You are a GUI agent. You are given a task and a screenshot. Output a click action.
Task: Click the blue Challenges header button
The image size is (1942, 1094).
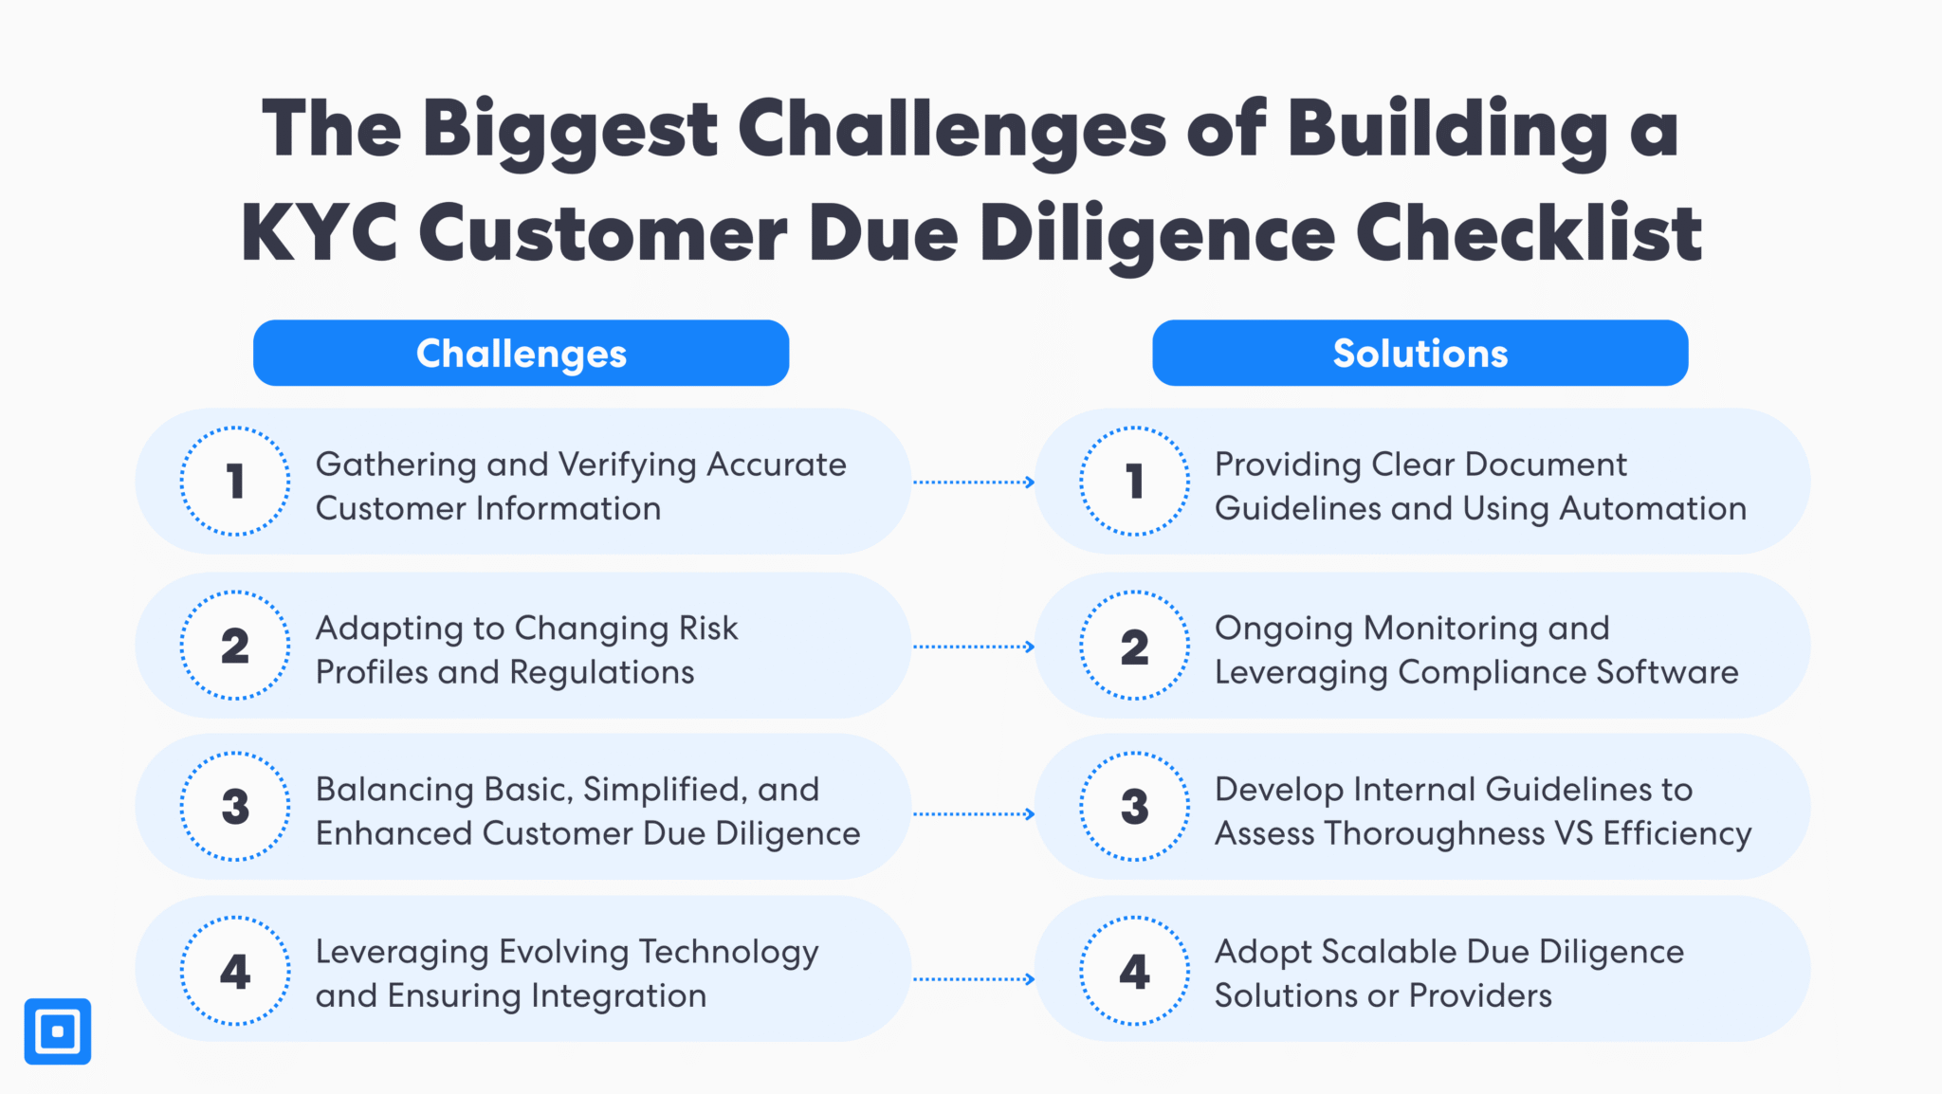click(x=521, y=353)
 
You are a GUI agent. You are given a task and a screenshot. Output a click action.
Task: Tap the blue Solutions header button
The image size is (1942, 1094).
click(x=1420, y=353)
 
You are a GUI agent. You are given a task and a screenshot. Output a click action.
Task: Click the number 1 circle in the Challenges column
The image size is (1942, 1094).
click(x=235, y=482)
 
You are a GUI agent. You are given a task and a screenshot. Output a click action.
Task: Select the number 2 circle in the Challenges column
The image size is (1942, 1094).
click(x=235, y=646)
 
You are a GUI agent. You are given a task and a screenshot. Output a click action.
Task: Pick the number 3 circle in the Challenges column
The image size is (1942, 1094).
click(x=235, y=807)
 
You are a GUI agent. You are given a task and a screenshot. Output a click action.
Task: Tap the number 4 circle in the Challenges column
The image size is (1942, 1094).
click(x=235, y=971)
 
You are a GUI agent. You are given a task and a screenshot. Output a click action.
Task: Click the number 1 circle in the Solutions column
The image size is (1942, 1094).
click(x=1134, y=482)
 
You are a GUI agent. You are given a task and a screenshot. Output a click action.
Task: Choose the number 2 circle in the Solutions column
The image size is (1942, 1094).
click(x=1134, y=646)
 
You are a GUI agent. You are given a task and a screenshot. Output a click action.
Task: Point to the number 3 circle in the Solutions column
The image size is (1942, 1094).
click(x=1134, y=807)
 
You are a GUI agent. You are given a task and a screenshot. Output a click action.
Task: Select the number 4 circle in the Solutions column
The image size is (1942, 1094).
click(x=1134, y=971)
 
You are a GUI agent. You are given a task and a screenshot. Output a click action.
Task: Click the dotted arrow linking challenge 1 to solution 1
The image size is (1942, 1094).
click(x=973, y=483)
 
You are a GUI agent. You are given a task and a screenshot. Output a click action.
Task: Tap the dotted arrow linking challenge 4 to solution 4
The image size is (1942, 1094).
click(x=973, y=979)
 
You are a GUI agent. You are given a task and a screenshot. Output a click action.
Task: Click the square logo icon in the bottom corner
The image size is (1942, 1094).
click(x=58, y=1031)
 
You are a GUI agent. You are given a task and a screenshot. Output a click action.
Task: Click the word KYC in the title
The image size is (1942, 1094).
click(x=319, y=233)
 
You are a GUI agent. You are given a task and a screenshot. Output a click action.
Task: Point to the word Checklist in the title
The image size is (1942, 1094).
click(x=1529, y=233)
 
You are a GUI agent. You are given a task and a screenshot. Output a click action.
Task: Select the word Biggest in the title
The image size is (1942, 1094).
click(x=570, y=130)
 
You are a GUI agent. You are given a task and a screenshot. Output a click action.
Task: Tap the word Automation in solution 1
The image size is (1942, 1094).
click(x=1653, y=509)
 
